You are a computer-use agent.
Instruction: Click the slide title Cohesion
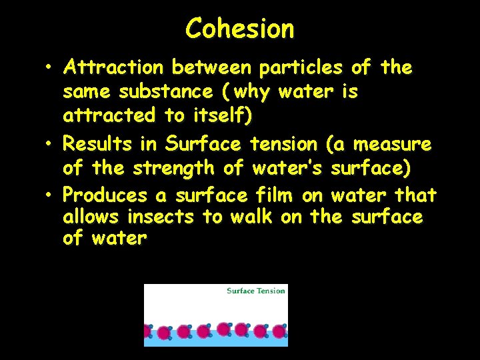pyautogui.click(x=239, y=29)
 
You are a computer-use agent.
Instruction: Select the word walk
pyautogui.click(x=252, y=217)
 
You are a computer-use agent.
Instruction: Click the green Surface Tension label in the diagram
pyautogui.click(x=255, y=291)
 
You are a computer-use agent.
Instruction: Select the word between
pyautogui.click(x=210, y=68)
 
